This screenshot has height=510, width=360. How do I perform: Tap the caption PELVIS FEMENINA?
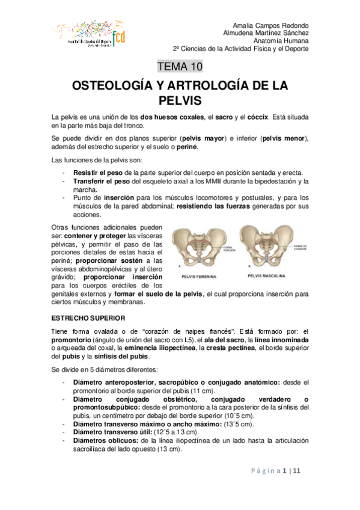tap(201, 277)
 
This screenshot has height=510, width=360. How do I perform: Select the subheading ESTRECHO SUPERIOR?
tap(88, 317)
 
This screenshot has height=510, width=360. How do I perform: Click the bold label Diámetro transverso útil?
tap(112, 432)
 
